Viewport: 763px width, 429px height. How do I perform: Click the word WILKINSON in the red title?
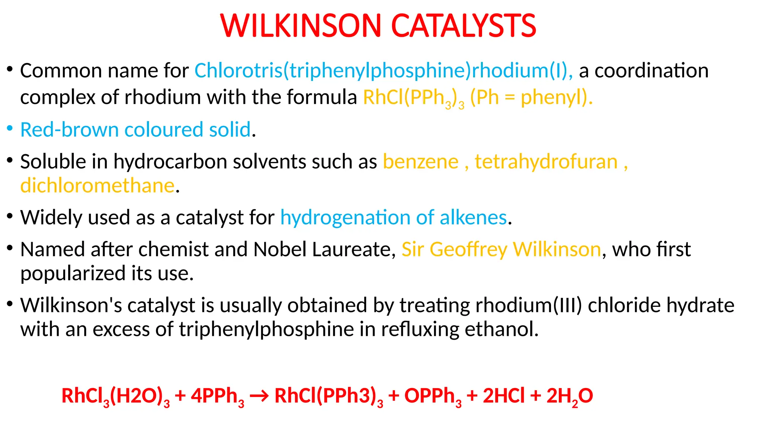coord(301,26)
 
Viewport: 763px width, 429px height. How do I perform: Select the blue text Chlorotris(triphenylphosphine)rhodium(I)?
coord(383,70)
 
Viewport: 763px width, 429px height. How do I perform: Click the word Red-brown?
coord(69,130)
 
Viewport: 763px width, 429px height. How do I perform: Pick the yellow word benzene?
coord(421,162)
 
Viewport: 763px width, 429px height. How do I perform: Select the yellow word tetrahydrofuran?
coord(546,162)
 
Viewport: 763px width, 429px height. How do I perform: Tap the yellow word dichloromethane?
coord(97,185)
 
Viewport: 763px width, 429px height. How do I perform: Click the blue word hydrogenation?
coord(345,217)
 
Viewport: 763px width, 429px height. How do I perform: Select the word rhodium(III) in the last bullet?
coord(528,305)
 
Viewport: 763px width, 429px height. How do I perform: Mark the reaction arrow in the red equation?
coord(259,396)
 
